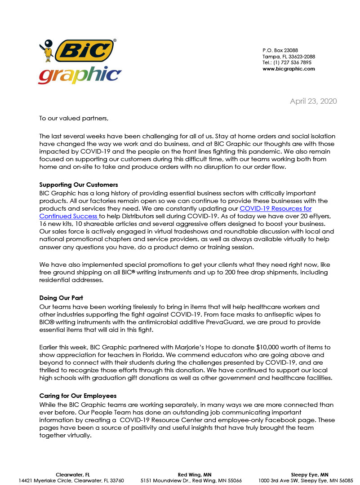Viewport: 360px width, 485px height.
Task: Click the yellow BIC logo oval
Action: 84,50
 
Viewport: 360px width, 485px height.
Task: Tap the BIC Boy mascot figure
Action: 49,51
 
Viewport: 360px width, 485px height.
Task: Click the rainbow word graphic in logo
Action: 80,75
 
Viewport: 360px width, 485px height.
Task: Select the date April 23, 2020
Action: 313,101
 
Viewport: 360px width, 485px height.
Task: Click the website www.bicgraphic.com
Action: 289,69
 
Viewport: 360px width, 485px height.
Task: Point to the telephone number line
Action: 287,63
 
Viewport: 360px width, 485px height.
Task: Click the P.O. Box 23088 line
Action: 280,50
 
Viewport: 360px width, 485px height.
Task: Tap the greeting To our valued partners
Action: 74,119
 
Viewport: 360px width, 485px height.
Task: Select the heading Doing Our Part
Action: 61,298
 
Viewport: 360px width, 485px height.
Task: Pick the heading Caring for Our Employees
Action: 78,396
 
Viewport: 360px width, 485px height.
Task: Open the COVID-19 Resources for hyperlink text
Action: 276,208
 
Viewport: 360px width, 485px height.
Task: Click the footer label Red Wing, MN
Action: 195,474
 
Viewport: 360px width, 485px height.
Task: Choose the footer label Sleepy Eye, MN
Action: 309,474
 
